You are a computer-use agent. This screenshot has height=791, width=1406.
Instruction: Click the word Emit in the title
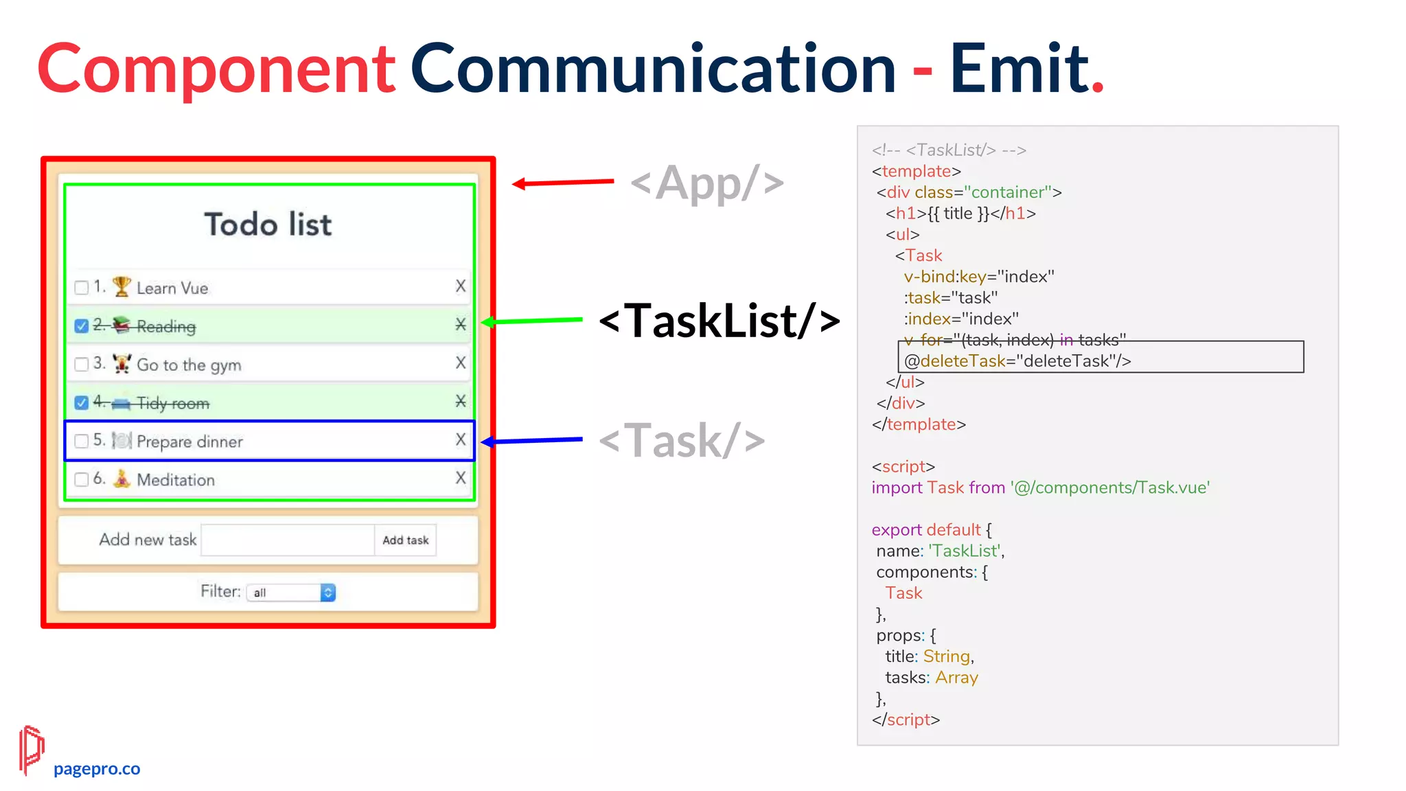pos(1019,69)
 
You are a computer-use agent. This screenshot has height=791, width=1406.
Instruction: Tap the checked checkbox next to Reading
pos(82,325)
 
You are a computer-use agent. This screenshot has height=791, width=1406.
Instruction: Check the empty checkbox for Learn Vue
pos(82,287)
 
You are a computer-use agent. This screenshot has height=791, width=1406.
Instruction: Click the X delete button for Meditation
pos(461,478)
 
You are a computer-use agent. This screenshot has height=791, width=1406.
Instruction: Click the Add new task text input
pos(288,540)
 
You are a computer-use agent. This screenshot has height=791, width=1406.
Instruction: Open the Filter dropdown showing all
pos(291,593)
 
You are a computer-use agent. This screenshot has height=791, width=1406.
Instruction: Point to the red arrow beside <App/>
pos(563,183)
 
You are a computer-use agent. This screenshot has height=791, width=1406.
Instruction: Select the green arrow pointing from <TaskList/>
pos(532,321)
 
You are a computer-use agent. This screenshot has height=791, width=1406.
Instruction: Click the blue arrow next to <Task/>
pos(532,440)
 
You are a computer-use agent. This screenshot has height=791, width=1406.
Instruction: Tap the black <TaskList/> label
pos(719,321)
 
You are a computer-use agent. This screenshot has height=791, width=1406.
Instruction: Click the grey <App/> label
pos(707,183)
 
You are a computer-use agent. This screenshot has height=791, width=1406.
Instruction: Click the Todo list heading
pos(268,225)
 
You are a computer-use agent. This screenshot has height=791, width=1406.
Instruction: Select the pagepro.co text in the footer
pos(97,769)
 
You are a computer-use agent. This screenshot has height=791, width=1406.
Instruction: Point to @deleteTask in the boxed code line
pos(954,361)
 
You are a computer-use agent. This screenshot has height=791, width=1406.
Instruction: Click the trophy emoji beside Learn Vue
pos(122,286)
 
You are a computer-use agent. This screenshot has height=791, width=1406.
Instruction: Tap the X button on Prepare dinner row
pos(461,439)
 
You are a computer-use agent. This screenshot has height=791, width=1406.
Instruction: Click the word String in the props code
pos(947,656)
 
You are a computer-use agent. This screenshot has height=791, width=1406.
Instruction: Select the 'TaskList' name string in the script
pos(964,551)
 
